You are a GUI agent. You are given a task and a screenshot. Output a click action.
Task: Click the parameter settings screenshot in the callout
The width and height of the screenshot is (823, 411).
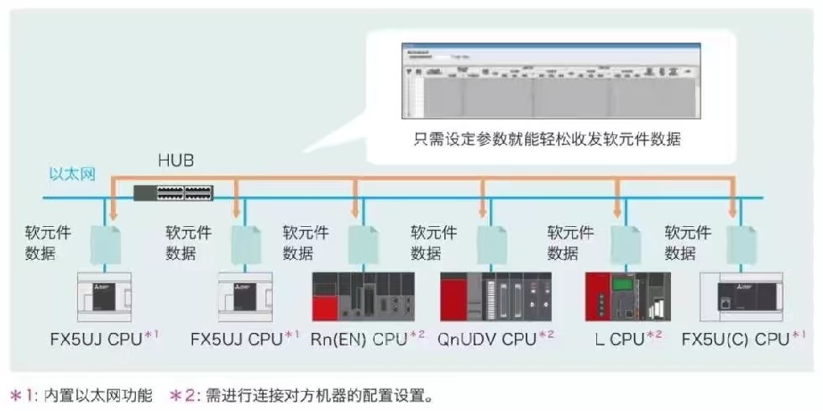click(550, 81)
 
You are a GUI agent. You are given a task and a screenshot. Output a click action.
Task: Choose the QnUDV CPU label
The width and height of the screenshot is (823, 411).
click(487, 340)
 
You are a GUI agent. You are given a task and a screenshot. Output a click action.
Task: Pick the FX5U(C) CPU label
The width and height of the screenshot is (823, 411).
click(736, 340)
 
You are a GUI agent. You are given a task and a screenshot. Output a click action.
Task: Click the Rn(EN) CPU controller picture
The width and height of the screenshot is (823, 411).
click(363, 297)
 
